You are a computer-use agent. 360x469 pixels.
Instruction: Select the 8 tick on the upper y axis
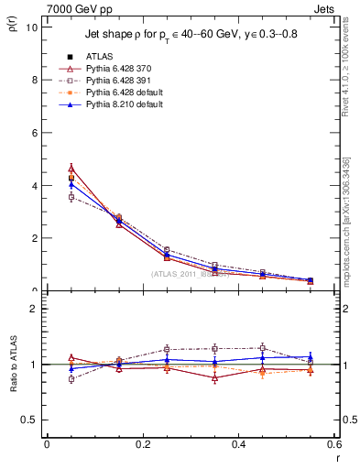click(33, 80)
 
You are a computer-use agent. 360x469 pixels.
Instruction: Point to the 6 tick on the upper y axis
click(33, 132)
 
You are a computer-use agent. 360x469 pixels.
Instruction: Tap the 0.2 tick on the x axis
click(142, 444)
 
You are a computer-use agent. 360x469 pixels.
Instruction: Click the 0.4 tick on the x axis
click(238, 444)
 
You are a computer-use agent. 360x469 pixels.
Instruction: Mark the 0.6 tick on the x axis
click(334, 444)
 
